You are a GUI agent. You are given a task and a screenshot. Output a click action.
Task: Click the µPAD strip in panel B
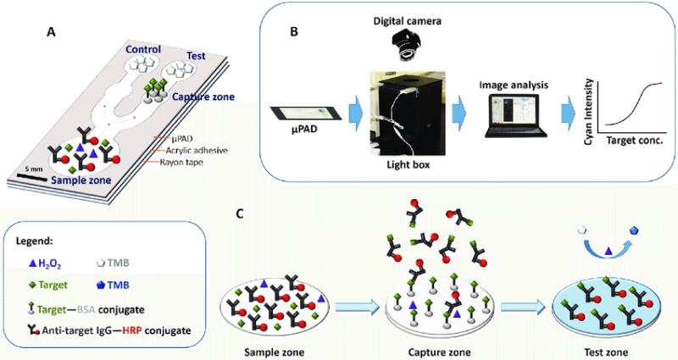tap(306, 114)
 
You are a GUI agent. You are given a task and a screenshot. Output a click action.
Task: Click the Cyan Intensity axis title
tap(587, 112)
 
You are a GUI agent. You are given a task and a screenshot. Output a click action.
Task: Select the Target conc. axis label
tap(635, 141)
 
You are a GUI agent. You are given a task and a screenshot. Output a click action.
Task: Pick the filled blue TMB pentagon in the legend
tap(101, 285)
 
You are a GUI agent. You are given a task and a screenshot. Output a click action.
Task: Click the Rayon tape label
tap(181, 163)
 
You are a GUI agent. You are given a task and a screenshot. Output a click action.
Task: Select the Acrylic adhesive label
tap(197, 151)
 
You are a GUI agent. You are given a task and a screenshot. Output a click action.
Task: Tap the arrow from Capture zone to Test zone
tap(525, 307)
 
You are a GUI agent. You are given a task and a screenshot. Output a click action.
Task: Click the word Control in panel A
tap(143, 49)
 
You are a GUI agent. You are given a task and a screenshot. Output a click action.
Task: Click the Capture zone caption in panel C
tap(439, 352)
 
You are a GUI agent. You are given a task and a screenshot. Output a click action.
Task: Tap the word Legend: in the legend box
tap(34, 240)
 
